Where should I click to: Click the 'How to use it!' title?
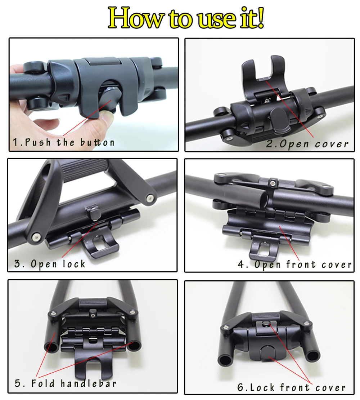(x=186, y=18)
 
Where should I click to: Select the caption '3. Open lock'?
(x=50, y=264)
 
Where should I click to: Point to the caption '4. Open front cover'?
(x=294, y=265)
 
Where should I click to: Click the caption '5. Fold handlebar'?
(x=66, y=383)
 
